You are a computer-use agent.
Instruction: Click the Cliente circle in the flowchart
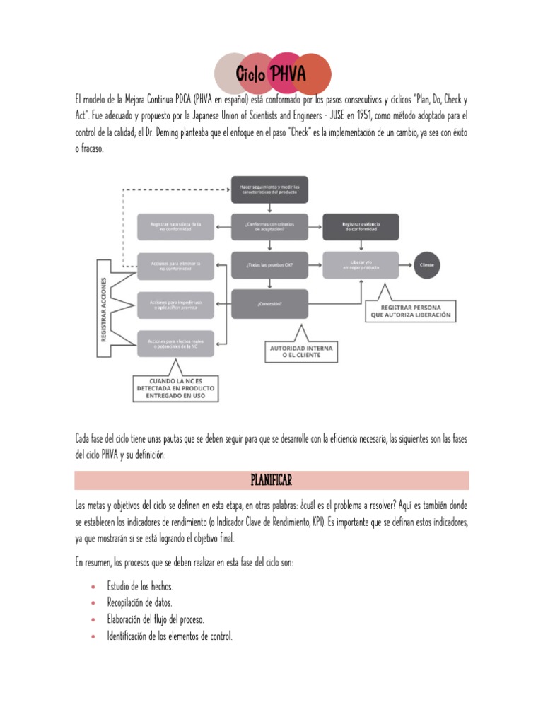coord(426,264)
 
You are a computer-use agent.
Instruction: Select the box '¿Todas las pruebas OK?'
coord(269,264)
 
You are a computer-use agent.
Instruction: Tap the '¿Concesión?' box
coord(269,303)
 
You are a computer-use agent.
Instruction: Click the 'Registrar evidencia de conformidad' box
coord(361,227)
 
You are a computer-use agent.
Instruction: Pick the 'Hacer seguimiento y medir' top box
coord(269,189)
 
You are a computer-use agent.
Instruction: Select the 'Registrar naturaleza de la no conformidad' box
coord(175,227)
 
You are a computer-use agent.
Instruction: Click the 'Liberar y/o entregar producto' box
coord(361,264)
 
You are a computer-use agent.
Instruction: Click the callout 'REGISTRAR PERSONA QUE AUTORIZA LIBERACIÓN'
coord(410,311)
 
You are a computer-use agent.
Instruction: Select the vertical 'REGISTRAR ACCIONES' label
coord(103,308)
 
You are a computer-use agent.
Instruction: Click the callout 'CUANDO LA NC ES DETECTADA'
coord(175,388)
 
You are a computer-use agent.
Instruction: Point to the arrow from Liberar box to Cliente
coord(406,264)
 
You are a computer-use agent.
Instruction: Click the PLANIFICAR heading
coord(271,481)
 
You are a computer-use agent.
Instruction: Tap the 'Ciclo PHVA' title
coord(272,73)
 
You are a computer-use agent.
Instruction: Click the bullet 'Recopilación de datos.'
coord(139,602)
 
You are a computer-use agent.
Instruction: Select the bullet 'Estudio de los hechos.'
coord(140,586)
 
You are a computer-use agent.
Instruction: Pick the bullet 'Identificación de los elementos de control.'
coord(170,636)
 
